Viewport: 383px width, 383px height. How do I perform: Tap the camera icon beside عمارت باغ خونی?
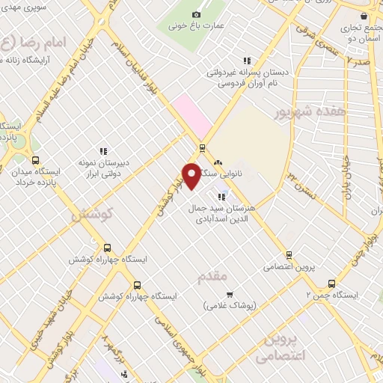[x=197, y=14]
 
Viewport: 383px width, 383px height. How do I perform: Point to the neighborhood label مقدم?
[x=212, y=278]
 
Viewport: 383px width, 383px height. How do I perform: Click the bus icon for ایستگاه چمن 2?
[x=331, y=284]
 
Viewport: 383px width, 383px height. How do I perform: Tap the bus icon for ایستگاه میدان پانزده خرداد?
[x=34, y=159]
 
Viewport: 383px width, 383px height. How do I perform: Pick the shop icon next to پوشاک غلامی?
[x=230, y=294]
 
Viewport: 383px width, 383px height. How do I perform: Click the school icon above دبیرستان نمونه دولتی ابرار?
[x=103, y=150]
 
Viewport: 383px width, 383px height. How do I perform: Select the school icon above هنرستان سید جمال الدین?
[x=221, y=197]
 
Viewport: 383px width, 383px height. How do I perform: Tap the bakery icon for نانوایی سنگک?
[x=218, y=162]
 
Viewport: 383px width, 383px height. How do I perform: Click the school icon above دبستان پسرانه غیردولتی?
[x=247, y=61]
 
